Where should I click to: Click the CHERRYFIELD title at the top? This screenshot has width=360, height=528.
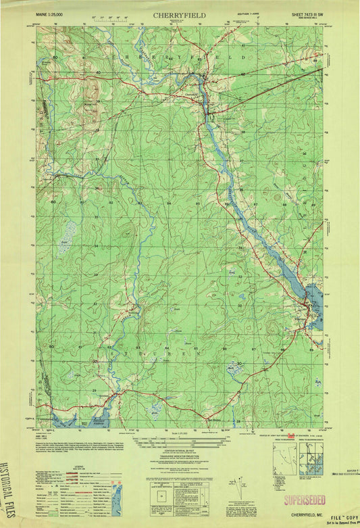click(x=179, y=14)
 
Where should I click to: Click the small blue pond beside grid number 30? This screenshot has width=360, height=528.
click(x=234, y=368)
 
